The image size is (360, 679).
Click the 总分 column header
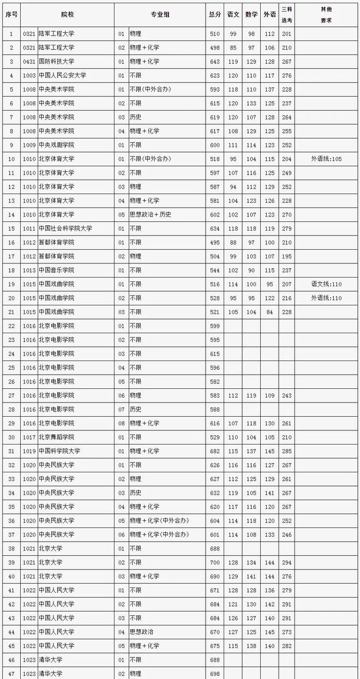click(x=214, y=15)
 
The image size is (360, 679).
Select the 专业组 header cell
click(x=160, y=15)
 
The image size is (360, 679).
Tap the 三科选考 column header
click(x=286, y=15)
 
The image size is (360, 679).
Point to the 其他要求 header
click(x=326, y=15)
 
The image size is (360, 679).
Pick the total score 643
click(x=214, y=62)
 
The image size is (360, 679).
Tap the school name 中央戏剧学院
click(x=56, y=145)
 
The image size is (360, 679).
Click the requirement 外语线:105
click(x=326, y=159)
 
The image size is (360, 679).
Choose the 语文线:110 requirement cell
click(x=326, y=284)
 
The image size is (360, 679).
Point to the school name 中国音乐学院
click(x=56, y=270)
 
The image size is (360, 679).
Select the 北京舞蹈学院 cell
click(x=56, y=437)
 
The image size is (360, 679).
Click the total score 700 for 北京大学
click(x=214, y=562)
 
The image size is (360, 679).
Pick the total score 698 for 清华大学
click(x=214, y=674)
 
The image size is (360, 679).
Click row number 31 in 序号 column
click(x=11, y=451)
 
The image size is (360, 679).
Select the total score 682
click(x=214, y=451)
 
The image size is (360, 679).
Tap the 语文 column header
click(x=233, y=15)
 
